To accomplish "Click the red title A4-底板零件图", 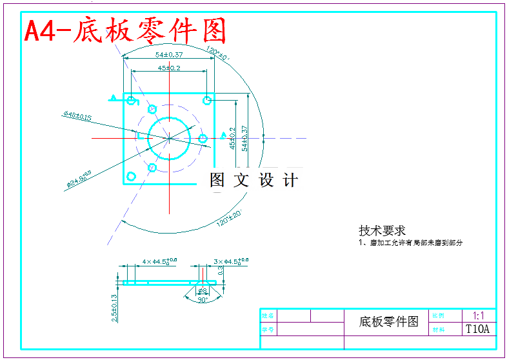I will (126, 30).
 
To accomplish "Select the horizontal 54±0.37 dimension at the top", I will (168, 54).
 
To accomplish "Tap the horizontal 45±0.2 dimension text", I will (168, 68).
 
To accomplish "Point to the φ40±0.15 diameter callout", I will (77, 115).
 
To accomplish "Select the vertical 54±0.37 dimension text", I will (244, 137).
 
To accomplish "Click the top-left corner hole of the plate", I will (132, 101).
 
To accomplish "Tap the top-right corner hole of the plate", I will (206, 100).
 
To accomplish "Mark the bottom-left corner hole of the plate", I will (132, 176).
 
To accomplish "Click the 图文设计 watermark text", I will (254, 180).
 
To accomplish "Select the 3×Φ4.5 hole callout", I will (230, 262).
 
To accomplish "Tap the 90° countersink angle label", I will (202, 299).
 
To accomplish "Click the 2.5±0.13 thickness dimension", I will (114, 308).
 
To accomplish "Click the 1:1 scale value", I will (479, 316).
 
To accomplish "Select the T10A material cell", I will (478, 329).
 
